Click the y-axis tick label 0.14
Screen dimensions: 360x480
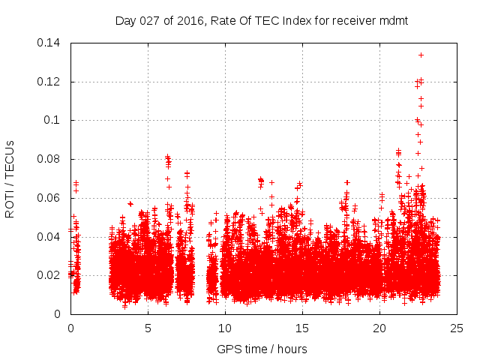[51, 43]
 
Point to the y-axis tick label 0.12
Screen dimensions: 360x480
[51, 82]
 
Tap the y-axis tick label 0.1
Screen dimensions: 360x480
[54, 120]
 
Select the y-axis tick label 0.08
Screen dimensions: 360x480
[51, 159]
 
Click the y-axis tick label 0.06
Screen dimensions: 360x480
[51, 198]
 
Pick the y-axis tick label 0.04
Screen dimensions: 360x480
[51, 237]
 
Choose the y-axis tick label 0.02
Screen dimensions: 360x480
[51, 275]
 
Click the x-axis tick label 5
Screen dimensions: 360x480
[148, 328]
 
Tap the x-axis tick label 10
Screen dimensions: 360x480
[225, 328]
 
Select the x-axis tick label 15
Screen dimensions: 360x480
[302, 328]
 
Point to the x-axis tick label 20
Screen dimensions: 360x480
[379, 328]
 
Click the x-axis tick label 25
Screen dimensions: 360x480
[457, 328]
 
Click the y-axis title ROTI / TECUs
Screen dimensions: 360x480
[10, 178]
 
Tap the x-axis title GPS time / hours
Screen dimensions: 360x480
[262, 349]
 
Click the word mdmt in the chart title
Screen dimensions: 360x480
[394, 20]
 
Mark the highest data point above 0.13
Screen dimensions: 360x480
[421, 55]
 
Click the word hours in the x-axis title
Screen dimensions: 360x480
[291, 349]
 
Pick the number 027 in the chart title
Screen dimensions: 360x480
[149, 20]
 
